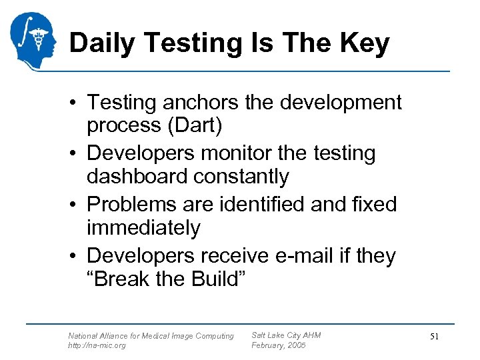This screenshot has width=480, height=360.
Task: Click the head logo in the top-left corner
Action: pyautogui.click(x=33, y=39)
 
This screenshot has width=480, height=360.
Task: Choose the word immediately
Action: pyautogui.click(x=143, y=228)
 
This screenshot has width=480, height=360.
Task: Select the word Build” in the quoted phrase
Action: pyautogui.click(x=214, y=279)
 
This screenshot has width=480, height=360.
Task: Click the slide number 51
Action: pyautogui.click(x=433, y=337)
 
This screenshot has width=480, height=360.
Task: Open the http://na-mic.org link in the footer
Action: pyautogui.click(x=97, y=345)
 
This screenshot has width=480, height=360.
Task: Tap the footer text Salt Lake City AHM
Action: pyautogui.click(x=285, y=335)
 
